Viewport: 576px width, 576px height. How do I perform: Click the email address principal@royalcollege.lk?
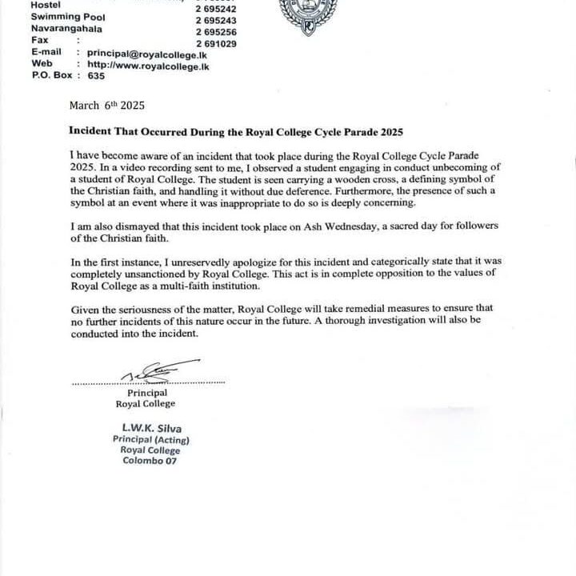(x=154, y=51)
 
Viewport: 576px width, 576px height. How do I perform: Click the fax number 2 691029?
(x=216, y=44)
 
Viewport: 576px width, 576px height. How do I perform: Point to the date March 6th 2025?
(x=107, y=105)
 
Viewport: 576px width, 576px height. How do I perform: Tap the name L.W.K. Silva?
(x=151, y=429)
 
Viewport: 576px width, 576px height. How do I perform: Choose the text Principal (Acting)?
(x=151, y=440)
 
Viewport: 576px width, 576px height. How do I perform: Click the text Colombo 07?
(x=150, y=461)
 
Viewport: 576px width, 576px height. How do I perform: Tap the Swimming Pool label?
(x=67, y=16)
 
